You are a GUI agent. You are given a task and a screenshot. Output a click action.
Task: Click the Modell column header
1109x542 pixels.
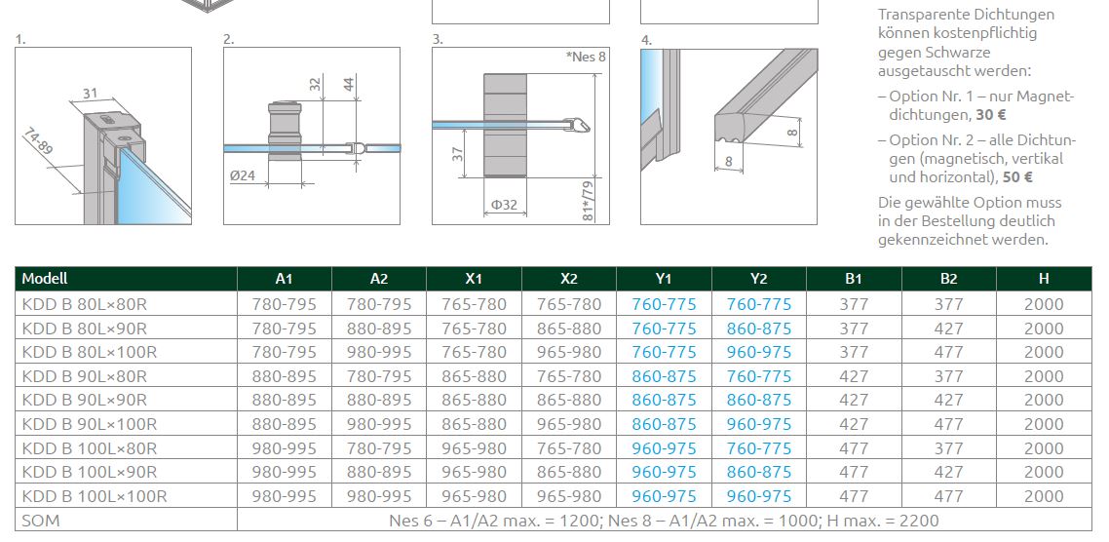(45, 279)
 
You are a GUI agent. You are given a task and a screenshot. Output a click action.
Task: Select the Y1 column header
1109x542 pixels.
(664, 279)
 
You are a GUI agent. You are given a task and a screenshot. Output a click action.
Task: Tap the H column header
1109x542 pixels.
(1044, 279)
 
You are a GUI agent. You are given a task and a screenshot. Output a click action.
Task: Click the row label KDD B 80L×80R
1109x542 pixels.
(84, 305)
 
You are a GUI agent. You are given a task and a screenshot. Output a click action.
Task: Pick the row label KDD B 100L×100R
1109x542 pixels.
(95, 497)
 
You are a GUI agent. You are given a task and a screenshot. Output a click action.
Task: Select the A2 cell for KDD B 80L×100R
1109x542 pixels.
(379, 352)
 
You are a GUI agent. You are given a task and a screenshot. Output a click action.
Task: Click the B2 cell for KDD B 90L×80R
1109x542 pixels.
(949, 376)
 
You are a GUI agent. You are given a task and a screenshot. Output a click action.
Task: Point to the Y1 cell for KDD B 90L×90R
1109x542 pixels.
(664, 401)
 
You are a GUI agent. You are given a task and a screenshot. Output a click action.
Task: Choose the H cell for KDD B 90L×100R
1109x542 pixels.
(1044, 425)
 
